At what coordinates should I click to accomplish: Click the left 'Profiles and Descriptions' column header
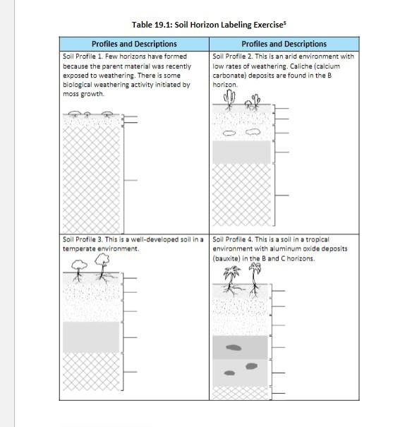point(134,44)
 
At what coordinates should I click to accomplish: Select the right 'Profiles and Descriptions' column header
point(284,44)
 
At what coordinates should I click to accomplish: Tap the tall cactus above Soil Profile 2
point(229,100)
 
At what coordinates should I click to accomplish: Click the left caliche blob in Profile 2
point(229,133)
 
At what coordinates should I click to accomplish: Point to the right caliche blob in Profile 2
point(253,132)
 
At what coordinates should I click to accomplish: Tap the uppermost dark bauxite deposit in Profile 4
point(234,347)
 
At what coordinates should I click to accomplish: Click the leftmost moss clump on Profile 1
point(74,114)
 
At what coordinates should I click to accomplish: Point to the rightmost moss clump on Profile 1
point(107,114)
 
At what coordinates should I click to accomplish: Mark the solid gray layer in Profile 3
point(91,337)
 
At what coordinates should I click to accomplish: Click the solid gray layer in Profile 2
point(242,152)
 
